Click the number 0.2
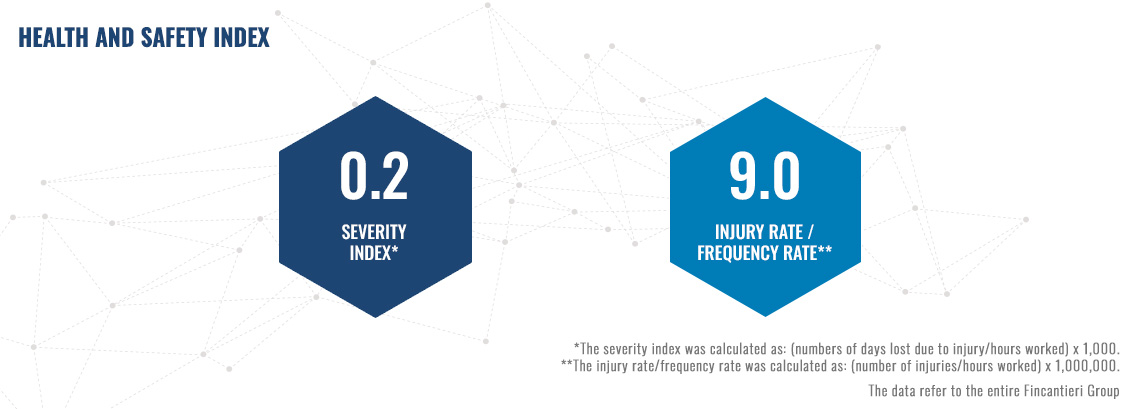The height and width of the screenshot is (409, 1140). tap(374, 177)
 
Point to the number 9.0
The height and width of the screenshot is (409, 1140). tap(765, 177)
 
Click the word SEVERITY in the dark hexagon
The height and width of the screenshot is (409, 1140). tap(374, 232)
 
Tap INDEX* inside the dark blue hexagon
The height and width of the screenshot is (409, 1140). tap(374, 254)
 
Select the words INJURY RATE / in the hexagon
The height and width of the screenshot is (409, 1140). tap(765, 232)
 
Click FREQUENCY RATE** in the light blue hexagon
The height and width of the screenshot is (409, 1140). tap(765, 254)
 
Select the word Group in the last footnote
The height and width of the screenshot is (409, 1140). tap(1104, 392)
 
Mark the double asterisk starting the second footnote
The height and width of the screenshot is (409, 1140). tap(566, 363)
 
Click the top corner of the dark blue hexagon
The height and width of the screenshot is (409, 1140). tap(376, 97)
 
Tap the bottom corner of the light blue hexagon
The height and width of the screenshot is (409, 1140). tap(765, 316)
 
